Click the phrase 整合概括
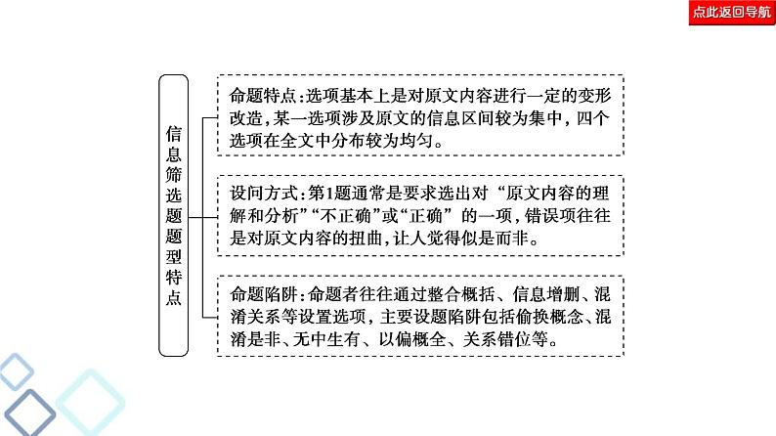coord(454,294)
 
